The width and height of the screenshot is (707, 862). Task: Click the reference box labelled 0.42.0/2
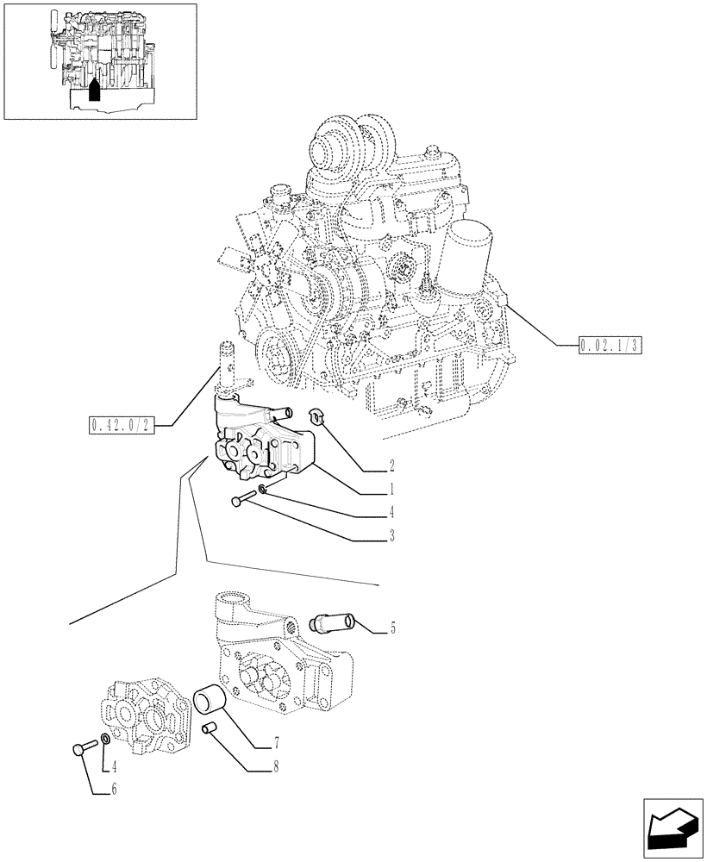coord(121,425)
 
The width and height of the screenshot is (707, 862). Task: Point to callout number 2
coord(391,466)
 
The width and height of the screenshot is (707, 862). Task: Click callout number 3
coord(391,536)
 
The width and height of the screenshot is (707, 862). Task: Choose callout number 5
coord(392,628)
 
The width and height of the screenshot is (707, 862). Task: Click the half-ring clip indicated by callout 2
coord(317,418)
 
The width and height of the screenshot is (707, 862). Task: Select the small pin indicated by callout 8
coord(209,731)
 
